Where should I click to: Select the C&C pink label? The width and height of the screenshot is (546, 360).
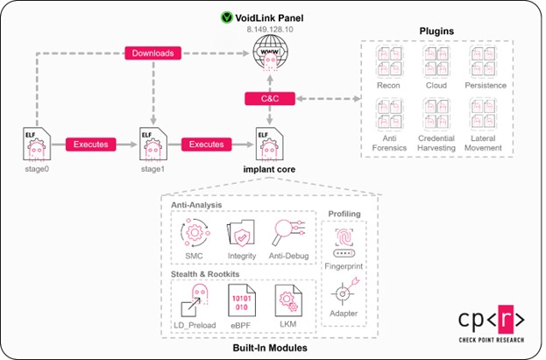[x=271, y=100]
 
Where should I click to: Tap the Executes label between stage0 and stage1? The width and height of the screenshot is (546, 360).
[x=93, y=142]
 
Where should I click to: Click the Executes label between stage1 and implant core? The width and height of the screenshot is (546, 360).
[x=207, y=142]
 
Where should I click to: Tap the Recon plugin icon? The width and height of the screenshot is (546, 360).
[x=389, y=60]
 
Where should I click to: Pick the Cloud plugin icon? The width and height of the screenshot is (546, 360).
[x=439, y=60]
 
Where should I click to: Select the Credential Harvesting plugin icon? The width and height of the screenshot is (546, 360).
[x=439, y=112]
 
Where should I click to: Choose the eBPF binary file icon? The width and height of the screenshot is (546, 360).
[x=241, y=303]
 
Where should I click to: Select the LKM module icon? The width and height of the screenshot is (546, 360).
[x=288, y=303]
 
